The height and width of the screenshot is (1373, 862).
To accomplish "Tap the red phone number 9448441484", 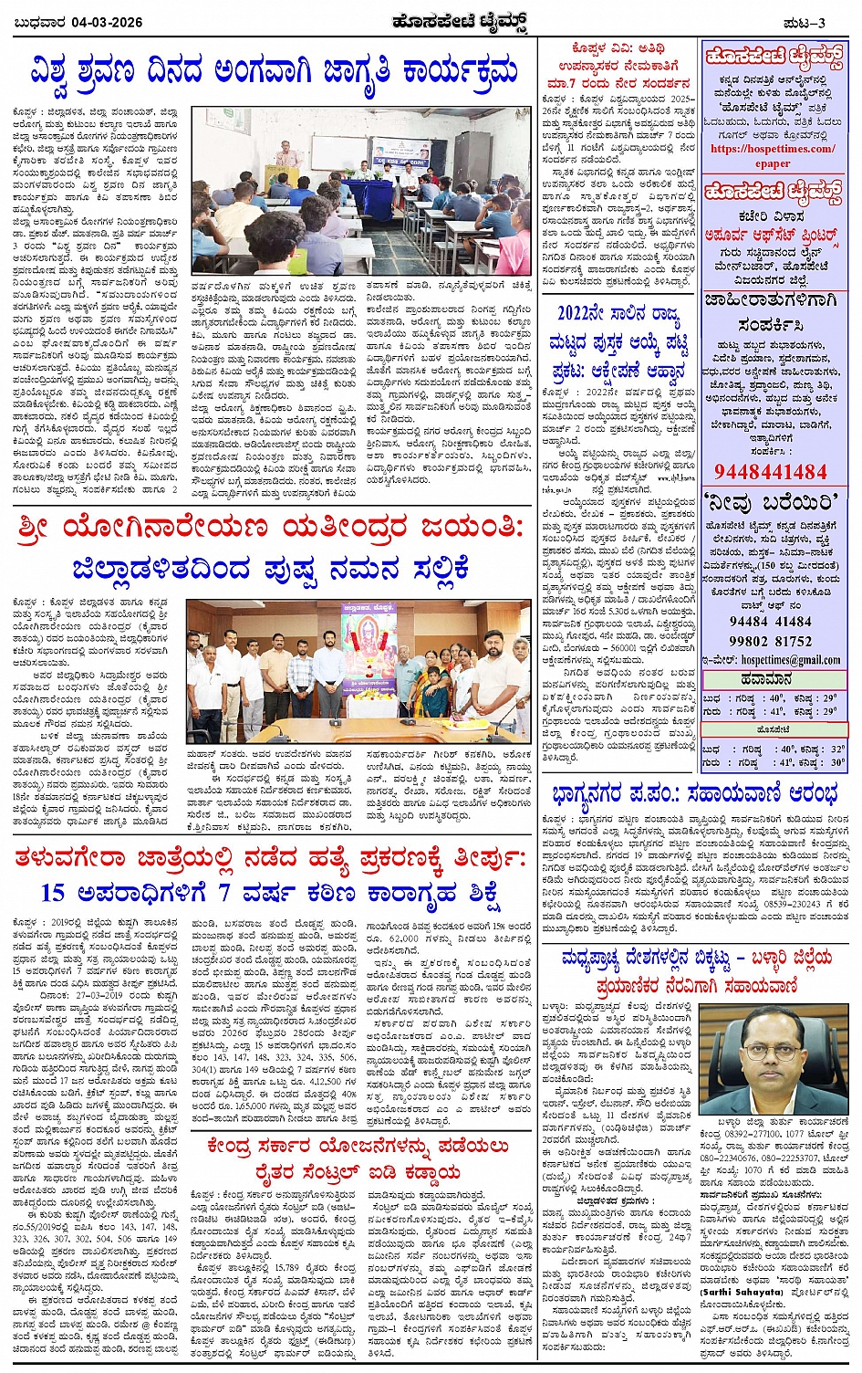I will click(771, 471).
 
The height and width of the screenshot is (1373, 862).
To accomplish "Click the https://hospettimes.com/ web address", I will click(772, 149).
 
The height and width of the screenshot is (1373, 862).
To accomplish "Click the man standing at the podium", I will click(287, 159).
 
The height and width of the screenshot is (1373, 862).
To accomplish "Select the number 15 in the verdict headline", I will click(53, 892).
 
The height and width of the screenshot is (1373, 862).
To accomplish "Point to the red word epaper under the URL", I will click(773, 163).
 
